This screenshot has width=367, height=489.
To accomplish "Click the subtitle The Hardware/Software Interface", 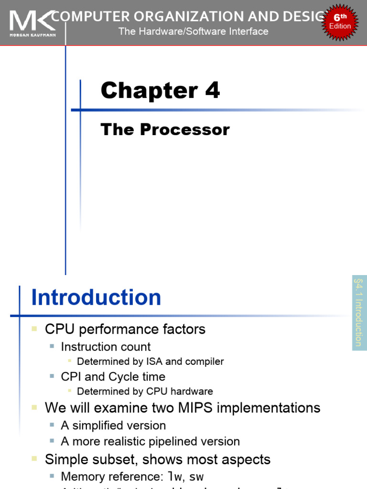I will pos(194,32).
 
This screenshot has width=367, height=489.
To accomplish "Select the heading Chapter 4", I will pos(160,90).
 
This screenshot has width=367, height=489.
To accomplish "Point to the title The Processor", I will pos(165,129).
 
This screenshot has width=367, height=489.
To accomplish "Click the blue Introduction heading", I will pos(96,298).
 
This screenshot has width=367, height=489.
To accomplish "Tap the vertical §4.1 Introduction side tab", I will pos(359,313).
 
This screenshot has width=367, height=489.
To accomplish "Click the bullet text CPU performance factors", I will pos(125,329).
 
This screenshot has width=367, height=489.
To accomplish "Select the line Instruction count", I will pos(106,347).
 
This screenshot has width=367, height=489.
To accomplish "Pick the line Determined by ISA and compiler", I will pos(150,361).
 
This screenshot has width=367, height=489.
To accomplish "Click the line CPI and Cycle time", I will pos(113,376).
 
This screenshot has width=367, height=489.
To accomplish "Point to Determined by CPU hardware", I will pos(145,391).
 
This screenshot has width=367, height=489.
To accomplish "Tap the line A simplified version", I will pos(113,425).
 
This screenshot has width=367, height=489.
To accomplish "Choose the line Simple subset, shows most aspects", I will pos(157,459).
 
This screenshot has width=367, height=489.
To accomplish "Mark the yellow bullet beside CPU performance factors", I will pos(34,329).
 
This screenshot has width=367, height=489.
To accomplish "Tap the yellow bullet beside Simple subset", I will pos(34,459).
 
